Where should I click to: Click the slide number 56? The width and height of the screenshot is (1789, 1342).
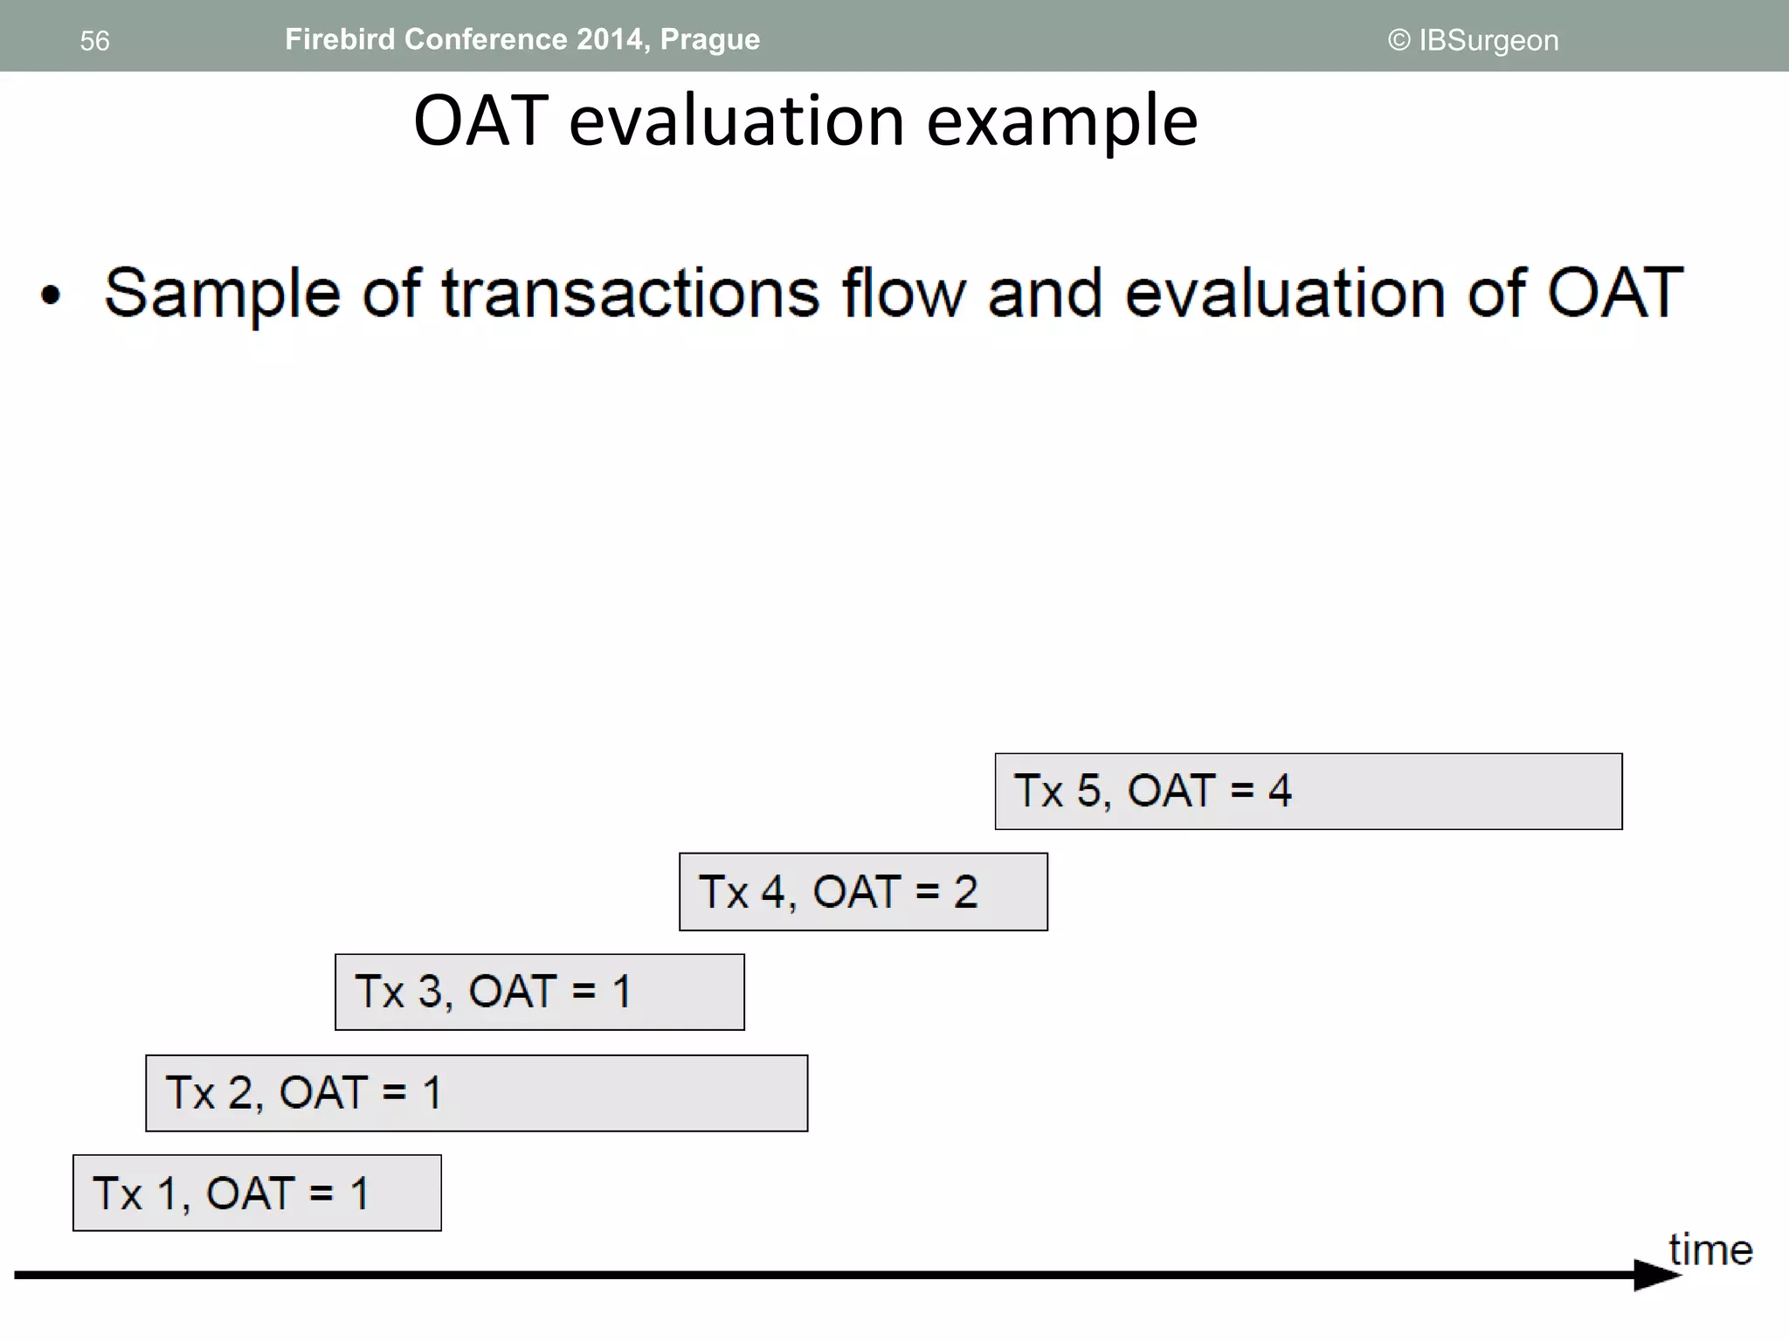[94, 41]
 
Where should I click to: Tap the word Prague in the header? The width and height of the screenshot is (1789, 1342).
[709, 40]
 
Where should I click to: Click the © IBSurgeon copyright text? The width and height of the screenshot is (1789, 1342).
[1473, 40]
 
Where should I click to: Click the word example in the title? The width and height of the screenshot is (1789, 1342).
[1061, 122]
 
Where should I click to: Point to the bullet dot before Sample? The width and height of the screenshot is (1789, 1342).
[52, 295]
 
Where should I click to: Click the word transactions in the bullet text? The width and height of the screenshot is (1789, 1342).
[630, 293]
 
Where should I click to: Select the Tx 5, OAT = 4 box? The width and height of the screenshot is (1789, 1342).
[1308, 792]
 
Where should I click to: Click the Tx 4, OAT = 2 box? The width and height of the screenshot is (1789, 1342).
[862, 892]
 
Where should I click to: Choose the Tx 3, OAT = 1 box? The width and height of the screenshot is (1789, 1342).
[539, 993]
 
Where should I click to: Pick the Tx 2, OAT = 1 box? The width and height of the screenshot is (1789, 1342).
[476, 1093]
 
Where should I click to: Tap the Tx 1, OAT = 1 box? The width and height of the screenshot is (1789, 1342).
[257, 1193]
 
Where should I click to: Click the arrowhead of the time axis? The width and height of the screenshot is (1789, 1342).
[1655, 1275]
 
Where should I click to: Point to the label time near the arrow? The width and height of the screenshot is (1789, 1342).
[1710, 1249]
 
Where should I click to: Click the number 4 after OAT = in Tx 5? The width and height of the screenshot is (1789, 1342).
[1280, 791]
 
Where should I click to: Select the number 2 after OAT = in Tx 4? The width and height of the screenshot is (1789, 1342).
[965, 892]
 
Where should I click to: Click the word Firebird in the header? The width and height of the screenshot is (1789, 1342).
[339, 39]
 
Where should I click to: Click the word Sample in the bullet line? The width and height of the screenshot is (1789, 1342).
[222, 293]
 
